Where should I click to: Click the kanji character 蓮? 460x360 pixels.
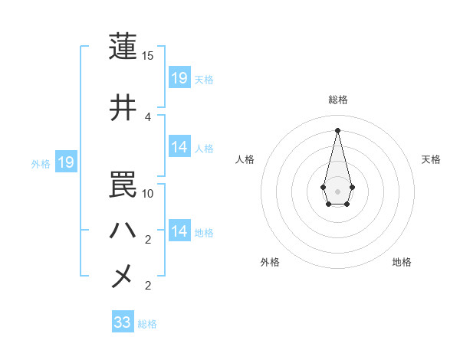(123, 46)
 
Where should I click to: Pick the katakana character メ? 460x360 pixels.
(123, 276)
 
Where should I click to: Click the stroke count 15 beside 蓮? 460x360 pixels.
(148, 56)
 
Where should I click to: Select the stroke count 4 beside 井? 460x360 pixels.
(148, 116)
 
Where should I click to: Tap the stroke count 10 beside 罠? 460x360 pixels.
(148, 194)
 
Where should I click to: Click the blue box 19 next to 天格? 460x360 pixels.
(179, 78)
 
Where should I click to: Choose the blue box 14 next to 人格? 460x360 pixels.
(179, 148)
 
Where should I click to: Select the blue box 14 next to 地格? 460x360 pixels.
(179, 231)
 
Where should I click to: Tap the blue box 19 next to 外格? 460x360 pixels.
(66, 162)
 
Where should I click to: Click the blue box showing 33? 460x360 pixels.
(123, 322)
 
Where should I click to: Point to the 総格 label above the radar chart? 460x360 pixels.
(338, 100)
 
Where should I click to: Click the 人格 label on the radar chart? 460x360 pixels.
(245, 159)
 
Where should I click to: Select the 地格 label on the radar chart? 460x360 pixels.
(402, 262)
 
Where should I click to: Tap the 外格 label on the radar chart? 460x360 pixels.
(270, 262)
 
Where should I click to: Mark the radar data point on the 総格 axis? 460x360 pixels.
(337, 129)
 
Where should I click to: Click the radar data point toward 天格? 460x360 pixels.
(352, 187)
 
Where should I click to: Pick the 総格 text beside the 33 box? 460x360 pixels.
(147, 324)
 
